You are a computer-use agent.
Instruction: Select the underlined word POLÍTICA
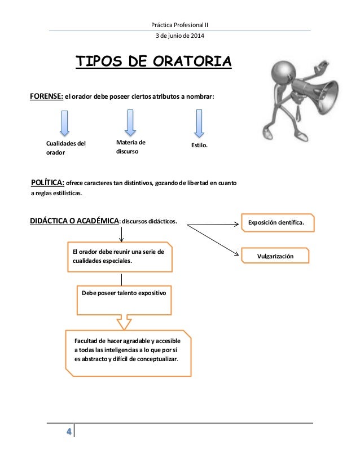point(47,183)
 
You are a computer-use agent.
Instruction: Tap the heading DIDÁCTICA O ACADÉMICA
point(74,222)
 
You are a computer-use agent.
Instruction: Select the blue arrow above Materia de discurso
point(130,122)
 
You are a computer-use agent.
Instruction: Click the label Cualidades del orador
point(66,148)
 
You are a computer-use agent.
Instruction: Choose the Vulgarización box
point(275,256)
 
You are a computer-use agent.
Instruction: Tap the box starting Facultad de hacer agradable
point(129,350)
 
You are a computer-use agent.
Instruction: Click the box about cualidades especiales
point(118,257)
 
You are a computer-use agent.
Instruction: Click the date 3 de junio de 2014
point(180,37)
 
